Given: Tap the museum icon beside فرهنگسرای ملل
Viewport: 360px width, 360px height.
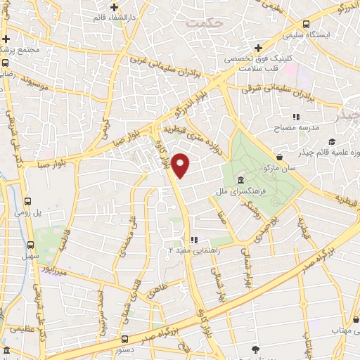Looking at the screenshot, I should coord(241,179).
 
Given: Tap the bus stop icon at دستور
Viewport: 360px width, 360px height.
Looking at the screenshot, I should coord(125,337).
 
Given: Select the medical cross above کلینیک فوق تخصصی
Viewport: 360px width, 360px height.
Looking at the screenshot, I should coord(258,49).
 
